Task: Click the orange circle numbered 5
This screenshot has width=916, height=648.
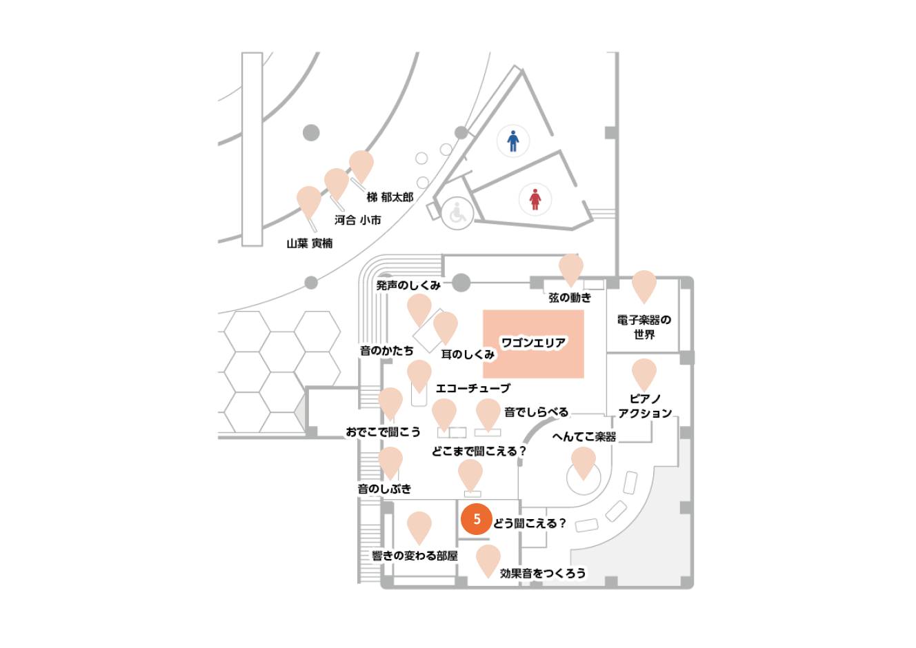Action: tap(477, 519)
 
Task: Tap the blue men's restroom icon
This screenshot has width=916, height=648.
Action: tap(513, 141)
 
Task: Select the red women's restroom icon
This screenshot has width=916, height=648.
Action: tap(535, 199)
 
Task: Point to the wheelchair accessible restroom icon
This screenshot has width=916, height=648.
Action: tap(457, 213)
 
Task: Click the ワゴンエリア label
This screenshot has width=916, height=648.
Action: tap(534, 343)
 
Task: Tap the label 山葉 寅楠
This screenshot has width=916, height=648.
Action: tap(310, 243)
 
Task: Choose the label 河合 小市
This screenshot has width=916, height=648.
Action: tap(358, 220)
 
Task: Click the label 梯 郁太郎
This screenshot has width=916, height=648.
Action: tap(390, 197)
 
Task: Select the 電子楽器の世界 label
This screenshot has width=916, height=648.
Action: tap(644, 327)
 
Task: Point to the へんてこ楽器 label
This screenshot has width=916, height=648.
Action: tap(584, 437)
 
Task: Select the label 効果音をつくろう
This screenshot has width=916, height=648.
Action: tap(543, 574)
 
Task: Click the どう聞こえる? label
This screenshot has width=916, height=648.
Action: tap(530, 523)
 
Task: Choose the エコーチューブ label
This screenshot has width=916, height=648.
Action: tap(473, 388)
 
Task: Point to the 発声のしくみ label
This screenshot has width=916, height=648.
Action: tap(408, 285)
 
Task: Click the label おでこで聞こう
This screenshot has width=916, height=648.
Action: tap(384, 432)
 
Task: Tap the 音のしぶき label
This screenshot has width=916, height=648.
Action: tap(384, 489)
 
